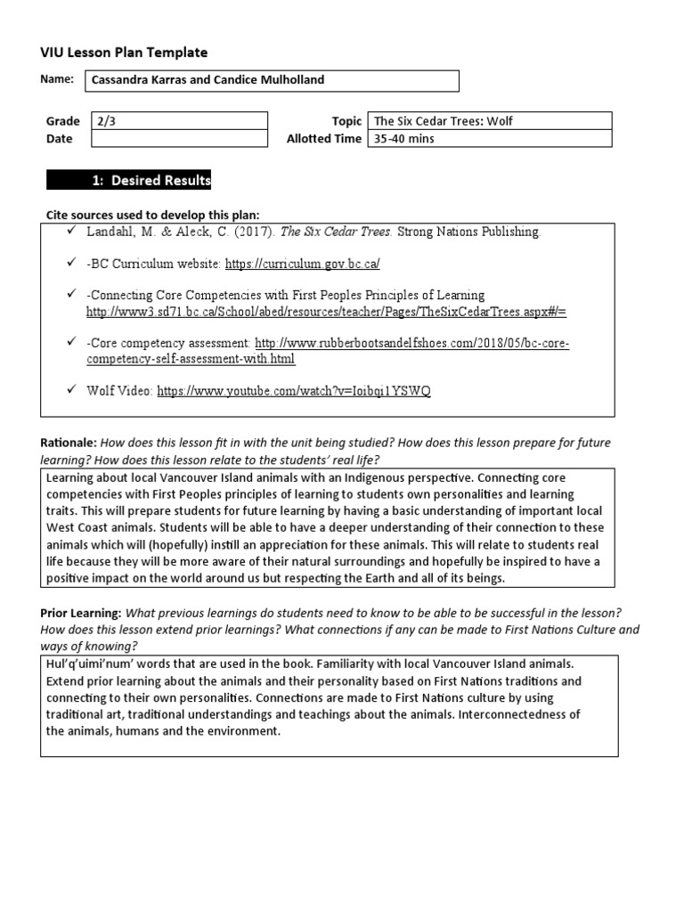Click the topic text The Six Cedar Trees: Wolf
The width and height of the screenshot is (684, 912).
coord(444,121)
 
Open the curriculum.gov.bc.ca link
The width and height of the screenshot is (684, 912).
coord(303,265)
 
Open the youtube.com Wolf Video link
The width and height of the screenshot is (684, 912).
coord(294,391)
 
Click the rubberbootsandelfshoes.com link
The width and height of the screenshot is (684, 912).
coord(412,343)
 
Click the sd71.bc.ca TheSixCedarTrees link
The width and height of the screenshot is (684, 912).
coord(326,312)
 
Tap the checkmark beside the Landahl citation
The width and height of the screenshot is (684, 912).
coord(72,231)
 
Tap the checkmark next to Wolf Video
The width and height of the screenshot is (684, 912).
coord(72,390)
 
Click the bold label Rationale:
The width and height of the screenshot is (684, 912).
coord(69,443)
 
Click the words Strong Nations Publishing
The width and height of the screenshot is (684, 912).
coord(468,232)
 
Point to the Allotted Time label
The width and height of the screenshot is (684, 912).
coord(323,139)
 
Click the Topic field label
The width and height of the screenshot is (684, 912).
coord(346,121)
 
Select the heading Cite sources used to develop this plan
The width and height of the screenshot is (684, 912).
coord(151,215)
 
